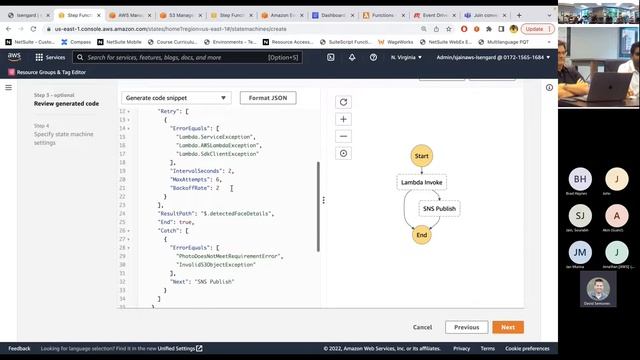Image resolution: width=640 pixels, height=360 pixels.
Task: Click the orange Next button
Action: pyautogui.click(x=507, y=327)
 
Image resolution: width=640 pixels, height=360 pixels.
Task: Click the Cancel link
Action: pyautogui.click(x=422, y=327)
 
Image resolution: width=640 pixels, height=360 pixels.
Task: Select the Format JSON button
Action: pyautogui.click(x=267, y=98)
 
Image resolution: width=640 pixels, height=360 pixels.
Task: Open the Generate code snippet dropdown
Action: pyautogui.click(x=176, y=98)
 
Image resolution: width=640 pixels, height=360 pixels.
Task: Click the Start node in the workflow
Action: pyautogui.click(x=421, y=157)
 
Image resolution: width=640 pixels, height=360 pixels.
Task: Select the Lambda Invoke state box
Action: pyautogui.click(x=421, y=183)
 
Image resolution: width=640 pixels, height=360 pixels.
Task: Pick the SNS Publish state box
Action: pyautogui.click(x=439, y=209)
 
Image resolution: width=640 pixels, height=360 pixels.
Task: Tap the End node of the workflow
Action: pyautogui.click(x=421, y=235)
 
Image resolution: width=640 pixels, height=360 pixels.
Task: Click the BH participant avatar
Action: pyautogui.click(x=581, y=178)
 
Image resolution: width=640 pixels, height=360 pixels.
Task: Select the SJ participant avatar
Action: pyautogui.click(x=581, y=215)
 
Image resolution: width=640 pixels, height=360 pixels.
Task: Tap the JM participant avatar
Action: pyautogui.click(x=581, y=251)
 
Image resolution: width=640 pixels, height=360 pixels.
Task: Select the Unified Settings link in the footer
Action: pyautogui.click(x=178, y=348)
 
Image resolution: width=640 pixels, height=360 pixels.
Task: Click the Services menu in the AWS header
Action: pyautogui.click(x=50, y=57)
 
